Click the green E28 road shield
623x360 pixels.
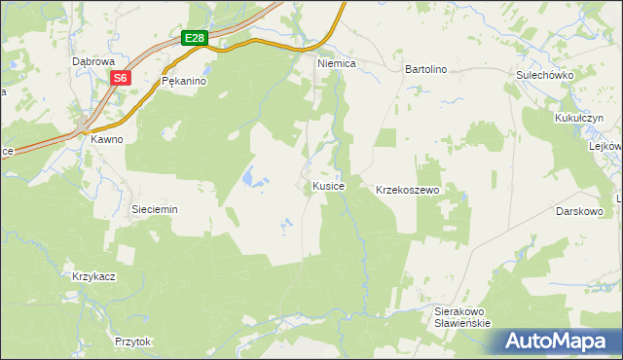pos(195,38)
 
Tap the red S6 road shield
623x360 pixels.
pos(119,79)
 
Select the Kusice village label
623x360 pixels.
pos(328,185)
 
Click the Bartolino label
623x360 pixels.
pos(425,70)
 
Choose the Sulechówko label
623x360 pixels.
pos(544,75)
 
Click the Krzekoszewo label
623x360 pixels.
pos(409,191)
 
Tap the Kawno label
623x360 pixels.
pos(107,139)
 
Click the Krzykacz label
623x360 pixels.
pos(94,276)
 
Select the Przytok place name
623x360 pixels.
pos(133,342)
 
